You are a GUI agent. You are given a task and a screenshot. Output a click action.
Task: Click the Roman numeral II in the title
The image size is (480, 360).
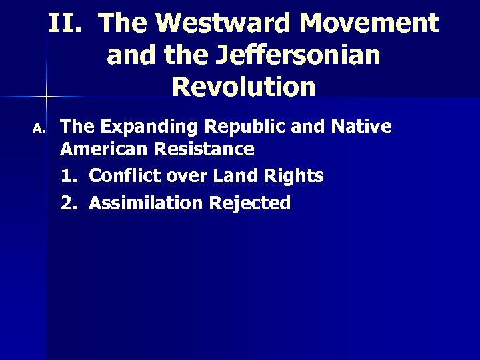click(64, 23)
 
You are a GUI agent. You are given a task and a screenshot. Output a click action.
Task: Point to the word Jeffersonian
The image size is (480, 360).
click(298, 55)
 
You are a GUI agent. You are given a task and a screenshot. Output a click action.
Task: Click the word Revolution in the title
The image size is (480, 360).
click(243, 87)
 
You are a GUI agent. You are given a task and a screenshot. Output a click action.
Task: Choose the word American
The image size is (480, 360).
click(101, 149)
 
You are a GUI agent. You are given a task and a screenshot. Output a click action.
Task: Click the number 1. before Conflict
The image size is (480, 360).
click(69, 176)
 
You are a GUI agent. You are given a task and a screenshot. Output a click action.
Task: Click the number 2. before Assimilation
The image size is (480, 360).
click(69, 203)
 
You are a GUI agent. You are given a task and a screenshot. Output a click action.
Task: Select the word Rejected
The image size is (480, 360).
click(250, 203)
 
